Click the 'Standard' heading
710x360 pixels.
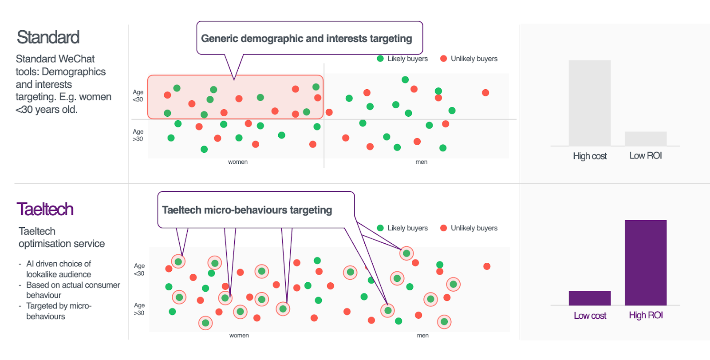click(48, 37)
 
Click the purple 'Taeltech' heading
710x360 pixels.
click(45, 209)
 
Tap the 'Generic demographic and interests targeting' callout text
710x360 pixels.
click(306, 39)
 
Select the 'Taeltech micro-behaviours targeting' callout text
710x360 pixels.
click(247, 210)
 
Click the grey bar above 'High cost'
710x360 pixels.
click(589, 103)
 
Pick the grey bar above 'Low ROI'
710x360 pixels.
click(645, 138)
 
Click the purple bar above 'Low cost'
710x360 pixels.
click(589, 298)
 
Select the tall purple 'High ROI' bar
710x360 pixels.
click(645, 262)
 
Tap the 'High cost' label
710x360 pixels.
click(589, 156)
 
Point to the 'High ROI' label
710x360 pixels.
click(646, 315)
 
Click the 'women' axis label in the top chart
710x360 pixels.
click(238, 162)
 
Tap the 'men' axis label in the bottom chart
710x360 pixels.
click(422, 336)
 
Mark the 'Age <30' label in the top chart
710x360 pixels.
click(138, 95)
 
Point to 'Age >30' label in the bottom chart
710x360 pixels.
click(139, 309)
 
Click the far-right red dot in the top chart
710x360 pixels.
click(485, 93)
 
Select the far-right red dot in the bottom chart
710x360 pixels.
click(487, 266)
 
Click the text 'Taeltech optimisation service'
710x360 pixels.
click(61, 237)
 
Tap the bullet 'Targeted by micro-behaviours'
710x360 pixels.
click(59, 311)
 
